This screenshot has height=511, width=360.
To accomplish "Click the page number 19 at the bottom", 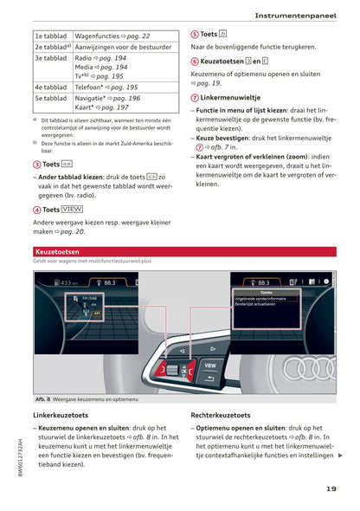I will (x=331, y=488).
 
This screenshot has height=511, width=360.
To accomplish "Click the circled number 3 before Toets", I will (x=36, y=164).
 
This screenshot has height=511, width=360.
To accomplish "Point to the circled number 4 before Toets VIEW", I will (x=36, y=210).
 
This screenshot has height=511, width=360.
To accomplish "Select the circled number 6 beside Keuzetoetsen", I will (x=195, y=61).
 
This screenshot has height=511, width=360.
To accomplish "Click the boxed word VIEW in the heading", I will (x=73, y=210).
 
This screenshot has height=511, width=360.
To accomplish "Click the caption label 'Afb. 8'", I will (x=44, y=399).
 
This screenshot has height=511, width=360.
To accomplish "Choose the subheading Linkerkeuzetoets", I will (x=64, y=416).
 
